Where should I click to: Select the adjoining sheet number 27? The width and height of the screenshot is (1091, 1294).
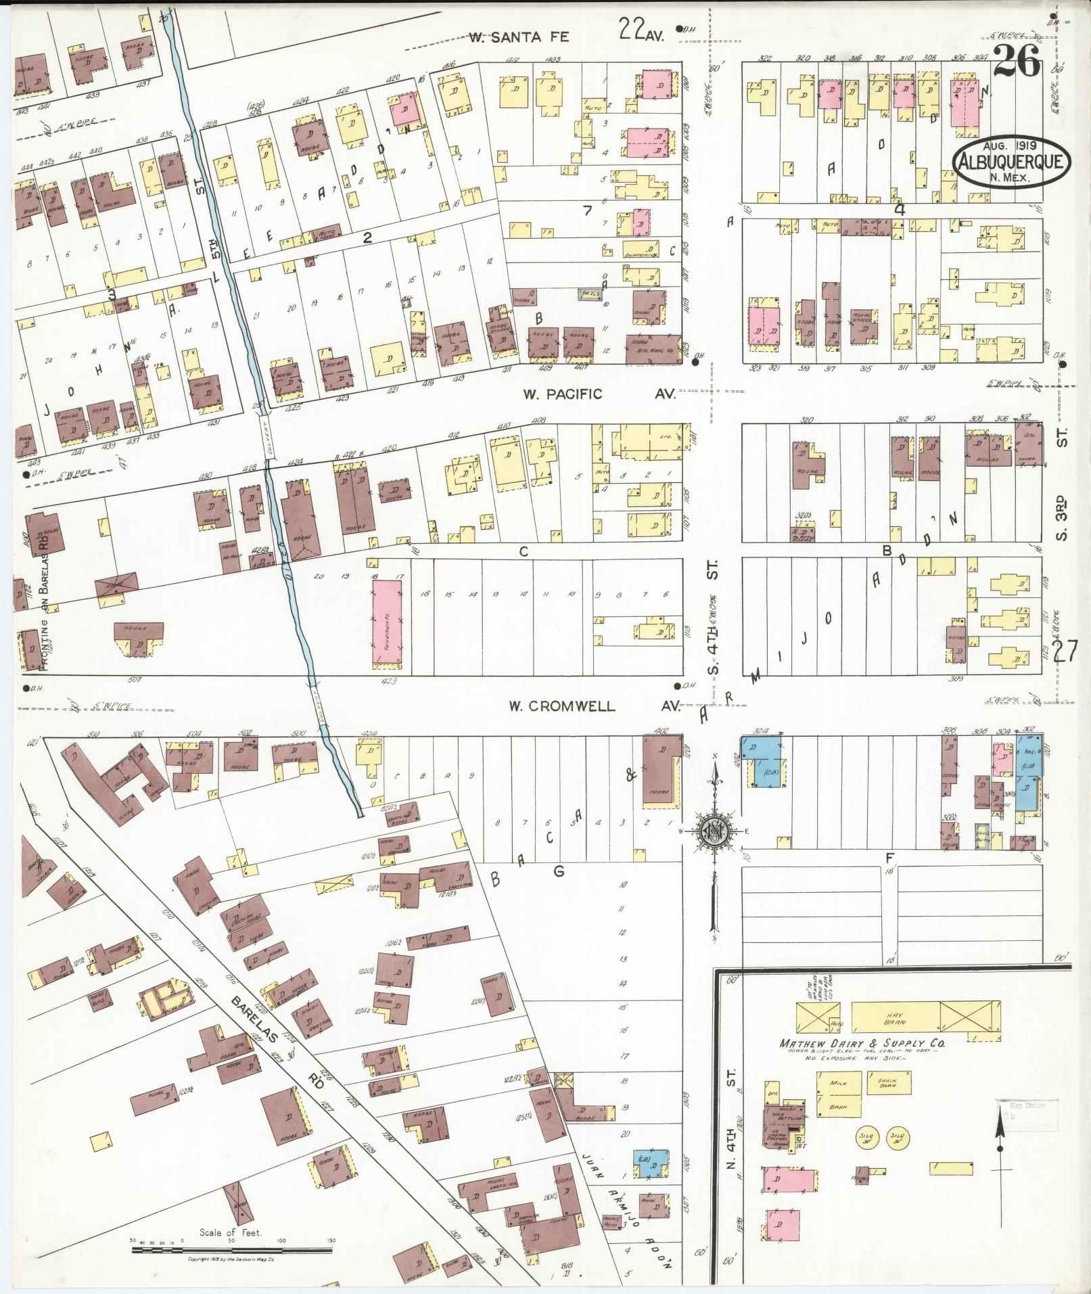tap(1065, 652)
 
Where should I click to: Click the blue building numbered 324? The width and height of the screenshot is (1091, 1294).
tap(764, 761)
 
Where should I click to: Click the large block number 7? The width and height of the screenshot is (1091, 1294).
tap(588, 210)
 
